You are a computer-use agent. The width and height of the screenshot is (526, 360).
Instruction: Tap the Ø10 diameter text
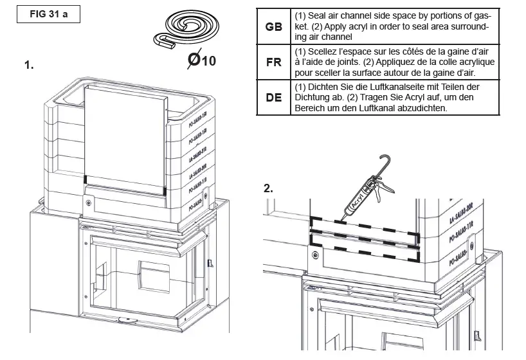(x=201, y=61)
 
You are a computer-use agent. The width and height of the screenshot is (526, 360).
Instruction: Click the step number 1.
(x=28, y=65)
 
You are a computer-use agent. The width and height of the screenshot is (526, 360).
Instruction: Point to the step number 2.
(x=268, y=188)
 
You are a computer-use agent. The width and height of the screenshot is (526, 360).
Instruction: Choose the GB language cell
(x=273, y=27)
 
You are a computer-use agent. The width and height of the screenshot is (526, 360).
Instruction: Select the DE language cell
(x=273, y=99)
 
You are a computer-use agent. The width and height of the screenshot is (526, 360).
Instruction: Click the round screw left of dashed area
(x=314, y=256)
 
